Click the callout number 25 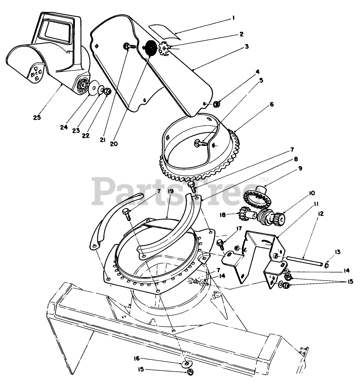[x=37, y=117]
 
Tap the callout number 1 [x=233, y=17]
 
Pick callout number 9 [x=300, y=169]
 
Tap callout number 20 [x=114, y=143]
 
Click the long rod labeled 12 [x=304, y=261]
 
